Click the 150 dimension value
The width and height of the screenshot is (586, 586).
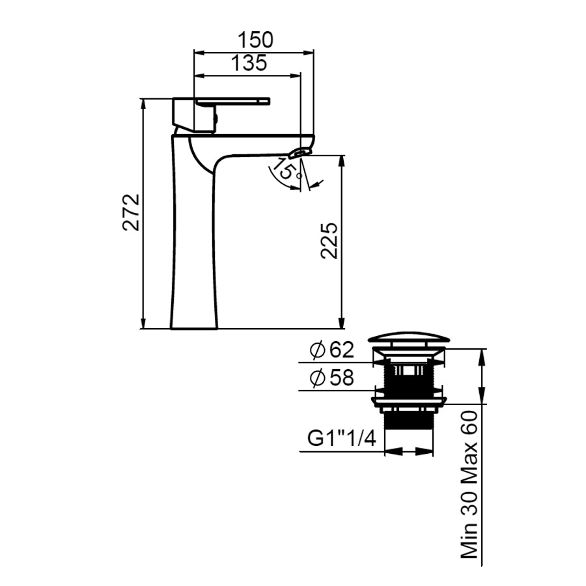pos(256,40)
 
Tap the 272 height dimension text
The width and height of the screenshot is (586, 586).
pos(132,212)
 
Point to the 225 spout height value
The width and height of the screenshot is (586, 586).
pos(329,241)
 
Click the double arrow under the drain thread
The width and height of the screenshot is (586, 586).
pos(409,451)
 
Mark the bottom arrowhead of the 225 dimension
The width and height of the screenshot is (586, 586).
pos(341,323)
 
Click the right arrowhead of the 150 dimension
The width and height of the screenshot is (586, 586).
pos(309,53)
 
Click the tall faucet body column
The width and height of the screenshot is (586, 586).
pos(194,239)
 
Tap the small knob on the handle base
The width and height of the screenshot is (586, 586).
pos(216,119)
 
